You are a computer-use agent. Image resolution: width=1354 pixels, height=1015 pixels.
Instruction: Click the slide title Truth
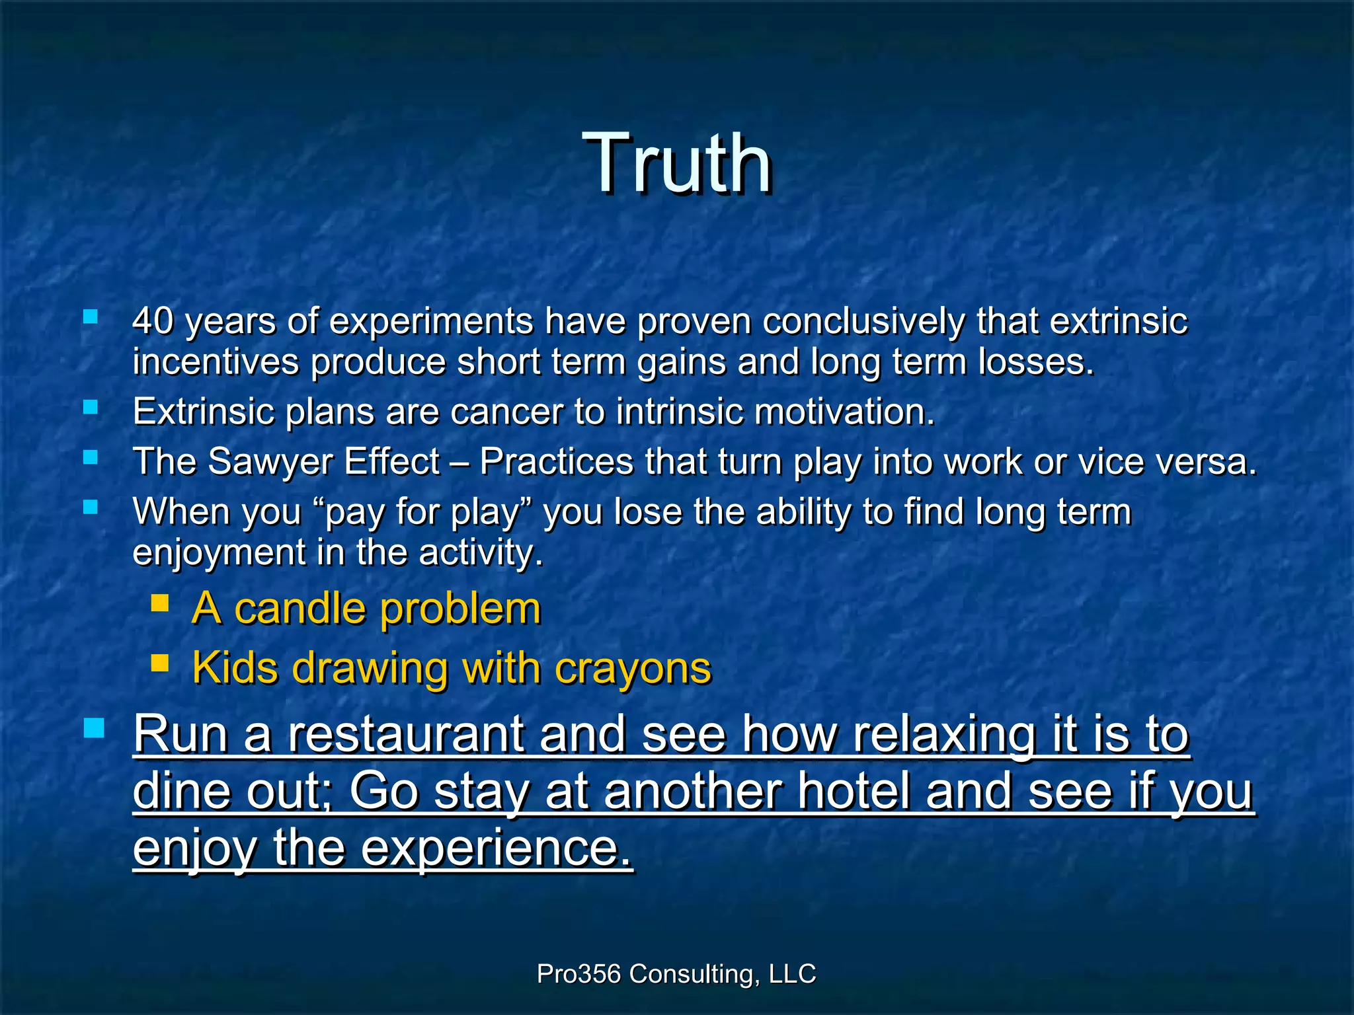[x=677, y=163]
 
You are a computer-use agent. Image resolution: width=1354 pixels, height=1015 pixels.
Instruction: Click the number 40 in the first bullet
[x=153, y=322]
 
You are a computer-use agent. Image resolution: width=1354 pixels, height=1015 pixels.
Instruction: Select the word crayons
[x=633, y=668]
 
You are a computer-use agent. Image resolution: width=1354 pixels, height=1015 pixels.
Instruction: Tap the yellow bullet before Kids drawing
[x=159, y=663]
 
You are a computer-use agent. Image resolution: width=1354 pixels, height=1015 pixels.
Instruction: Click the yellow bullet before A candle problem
[x=159, y=603]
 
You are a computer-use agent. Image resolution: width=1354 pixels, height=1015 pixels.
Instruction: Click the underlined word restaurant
[x=405, y=734]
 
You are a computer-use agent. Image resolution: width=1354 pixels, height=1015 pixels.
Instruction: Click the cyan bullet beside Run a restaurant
[x=94, y=728]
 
